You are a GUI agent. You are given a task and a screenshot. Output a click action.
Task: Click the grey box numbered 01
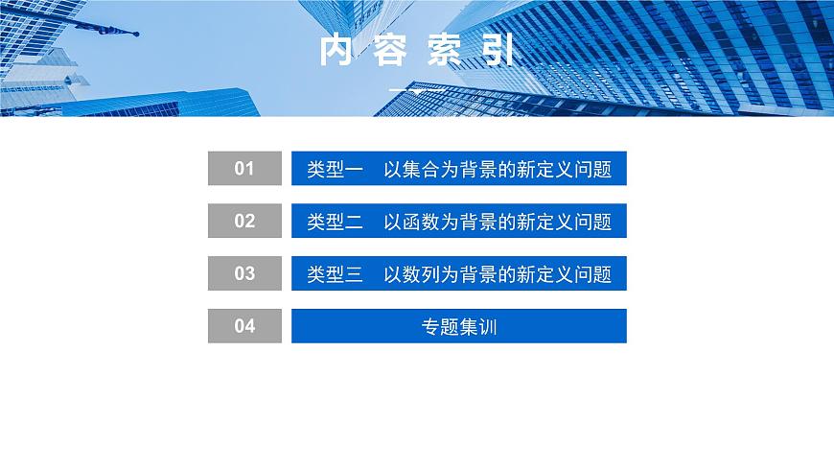point(244,168)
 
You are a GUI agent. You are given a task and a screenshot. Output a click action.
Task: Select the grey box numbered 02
point(244,221)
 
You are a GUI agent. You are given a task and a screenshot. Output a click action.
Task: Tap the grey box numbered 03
point(244,273)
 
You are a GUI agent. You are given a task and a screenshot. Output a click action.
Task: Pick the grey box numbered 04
point(244,326)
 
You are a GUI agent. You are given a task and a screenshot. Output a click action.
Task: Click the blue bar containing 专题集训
point(459,326)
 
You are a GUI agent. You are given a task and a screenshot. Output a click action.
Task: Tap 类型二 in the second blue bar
point(335,223)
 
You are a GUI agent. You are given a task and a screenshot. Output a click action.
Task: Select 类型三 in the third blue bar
point(335,274)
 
